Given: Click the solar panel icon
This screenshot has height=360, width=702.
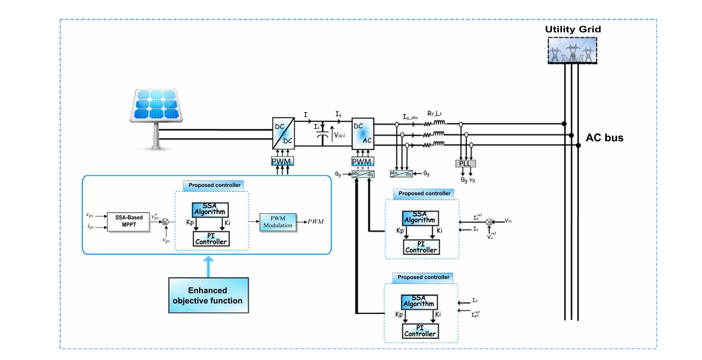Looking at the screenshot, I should point(156,106).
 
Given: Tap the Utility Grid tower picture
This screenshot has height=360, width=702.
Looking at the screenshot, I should point(572,51).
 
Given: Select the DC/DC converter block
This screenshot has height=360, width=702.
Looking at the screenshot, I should point(283,133).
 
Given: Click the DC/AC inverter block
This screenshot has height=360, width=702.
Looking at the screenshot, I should point(363,133).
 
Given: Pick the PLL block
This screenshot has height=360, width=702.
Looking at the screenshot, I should point(465,164).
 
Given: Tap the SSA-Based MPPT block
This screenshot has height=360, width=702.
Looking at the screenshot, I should point(129,221).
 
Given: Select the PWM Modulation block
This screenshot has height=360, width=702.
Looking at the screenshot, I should point(278,222).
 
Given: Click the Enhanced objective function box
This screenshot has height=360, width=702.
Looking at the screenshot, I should point(208,296).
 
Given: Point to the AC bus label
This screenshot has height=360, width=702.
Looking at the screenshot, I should point(604,138).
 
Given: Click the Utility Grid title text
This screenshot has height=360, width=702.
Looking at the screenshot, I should point(573,29).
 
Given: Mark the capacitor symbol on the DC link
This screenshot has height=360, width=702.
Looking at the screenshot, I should point(323,136).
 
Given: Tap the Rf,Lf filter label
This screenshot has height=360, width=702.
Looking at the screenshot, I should point(434,113).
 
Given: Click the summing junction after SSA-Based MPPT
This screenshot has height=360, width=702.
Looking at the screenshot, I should point(165,222).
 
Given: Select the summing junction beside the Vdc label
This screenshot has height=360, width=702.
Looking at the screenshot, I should point(489,222).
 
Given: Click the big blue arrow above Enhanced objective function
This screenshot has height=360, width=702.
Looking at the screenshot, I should point(208,266).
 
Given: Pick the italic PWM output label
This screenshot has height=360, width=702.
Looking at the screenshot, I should point(316,222).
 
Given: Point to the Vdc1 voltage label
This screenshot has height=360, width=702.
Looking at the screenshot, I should point(340,135).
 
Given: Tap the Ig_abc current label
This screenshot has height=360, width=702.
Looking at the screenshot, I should point(410,117).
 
